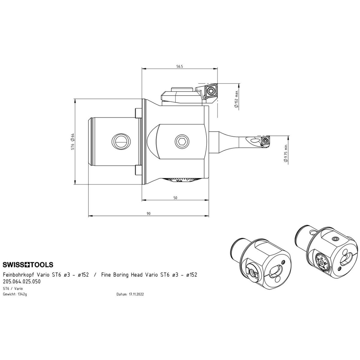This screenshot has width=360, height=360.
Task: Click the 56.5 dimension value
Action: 179,67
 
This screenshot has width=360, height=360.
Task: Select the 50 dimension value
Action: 175,198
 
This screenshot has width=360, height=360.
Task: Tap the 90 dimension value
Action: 148,214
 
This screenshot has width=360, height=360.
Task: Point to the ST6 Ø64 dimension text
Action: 73,141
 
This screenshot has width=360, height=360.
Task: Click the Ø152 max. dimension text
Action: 236,99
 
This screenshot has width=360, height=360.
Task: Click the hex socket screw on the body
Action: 182,142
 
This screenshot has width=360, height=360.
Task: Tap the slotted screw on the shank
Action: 121,142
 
